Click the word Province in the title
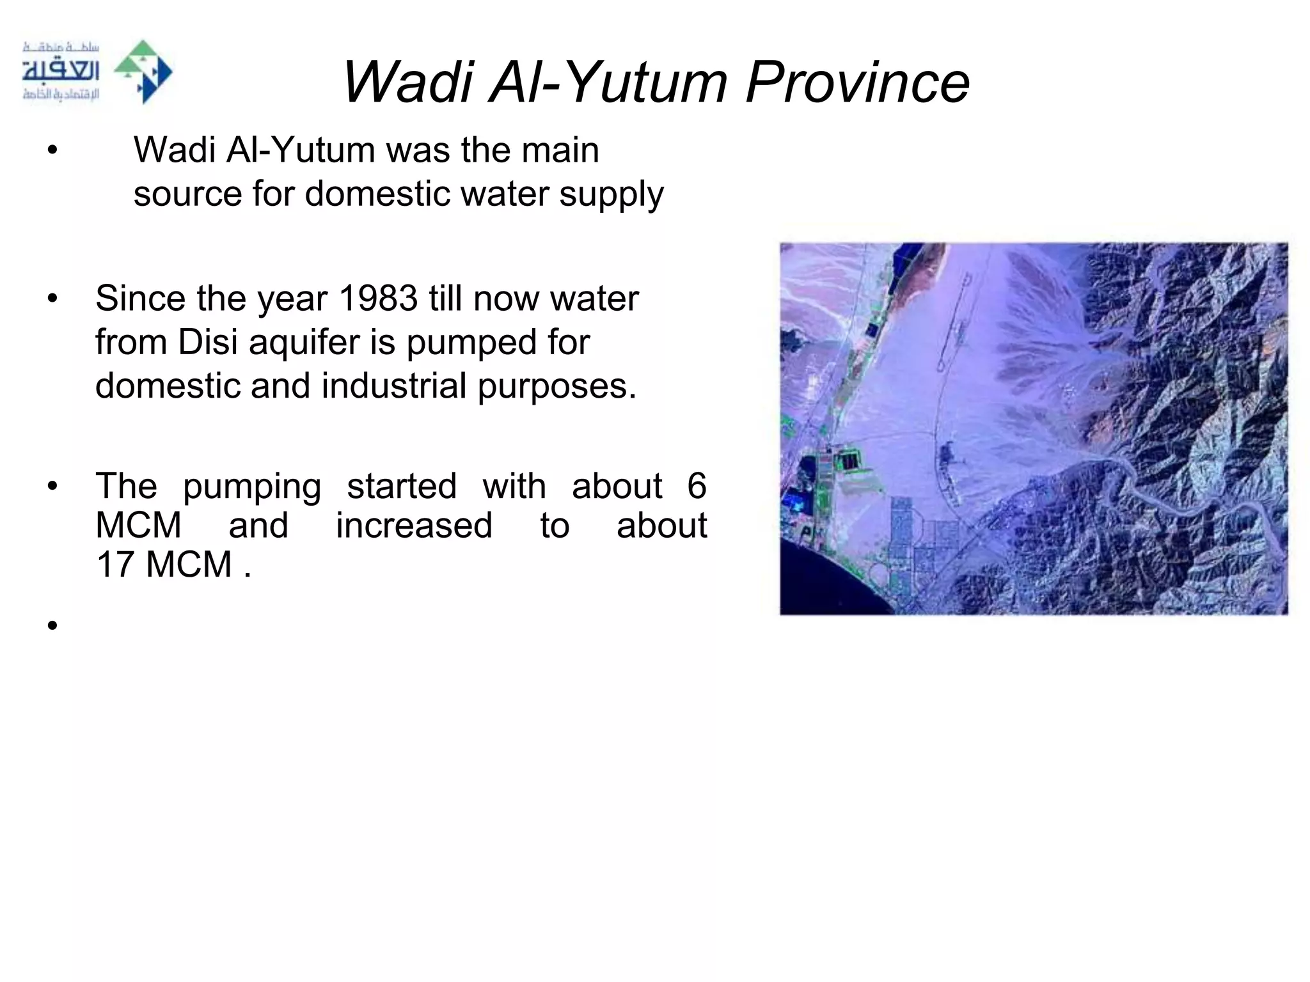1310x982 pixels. coord(857,82)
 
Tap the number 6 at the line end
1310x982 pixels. coord(697,486)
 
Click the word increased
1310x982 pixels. coord(414,526)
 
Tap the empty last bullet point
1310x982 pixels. coord(52,625)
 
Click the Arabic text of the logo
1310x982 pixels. coord(61,72)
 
